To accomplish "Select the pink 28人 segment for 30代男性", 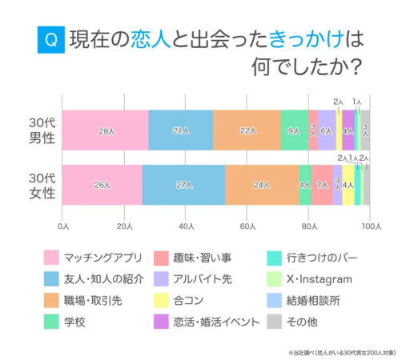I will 105,130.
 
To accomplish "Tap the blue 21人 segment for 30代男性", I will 180,130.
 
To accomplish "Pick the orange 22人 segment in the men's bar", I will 247,130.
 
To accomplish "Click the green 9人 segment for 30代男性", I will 294,130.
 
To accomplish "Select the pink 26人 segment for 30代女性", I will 102,185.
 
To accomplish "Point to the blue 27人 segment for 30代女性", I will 183,185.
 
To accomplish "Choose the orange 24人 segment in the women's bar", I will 262,185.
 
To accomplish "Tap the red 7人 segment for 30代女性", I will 322,185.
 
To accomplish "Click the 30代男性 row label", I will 39,130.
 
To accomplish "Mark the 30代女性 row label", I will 39,185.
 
